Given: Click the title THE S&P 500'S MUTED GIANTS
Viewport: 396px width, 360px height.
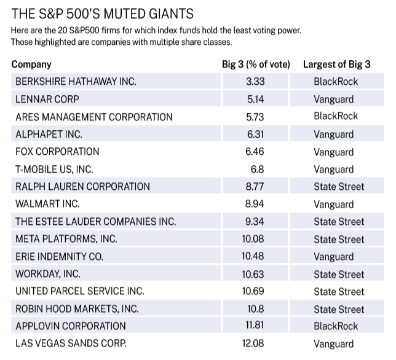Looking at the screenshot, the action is click(x=102, y=14).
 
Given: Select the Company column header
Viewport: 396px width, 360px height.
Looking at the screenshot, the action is click(x=31, y=65).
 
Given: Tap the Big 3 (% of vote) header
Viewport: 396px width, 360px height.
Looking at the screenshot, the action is click(x=256, y=65).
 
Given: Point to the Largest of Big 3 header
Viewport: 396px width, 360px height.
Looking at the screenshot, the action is click(x=336, y=65).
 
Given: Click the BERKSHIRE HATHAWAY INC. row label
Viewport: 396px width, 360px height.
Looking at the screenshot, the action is click(x=76, y=82).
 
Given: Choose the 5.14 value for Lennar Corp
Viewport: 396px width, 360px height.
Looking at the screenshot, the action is click(x=255, y=99).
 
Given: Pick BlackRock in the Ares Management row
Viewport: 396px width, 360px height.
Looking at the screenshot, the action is click(x=336, y=116).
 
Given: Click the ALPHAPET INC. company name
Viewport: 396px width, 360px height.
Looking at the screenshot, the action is click(x=49, y=134).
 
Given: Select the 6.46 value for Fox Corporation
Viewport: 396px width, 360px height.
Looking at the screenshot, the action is click(x=255, y=152).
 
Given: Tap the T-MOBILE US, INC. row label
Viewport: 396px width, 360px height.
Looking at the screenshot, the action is click(x=54, y=170).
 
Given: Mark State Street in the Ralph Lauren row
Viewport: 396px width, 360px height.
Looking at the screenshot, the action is click(x=339, y=187).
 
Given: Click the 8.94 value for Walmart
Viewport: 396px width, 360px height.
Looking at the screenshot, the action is click(x=255, y=204).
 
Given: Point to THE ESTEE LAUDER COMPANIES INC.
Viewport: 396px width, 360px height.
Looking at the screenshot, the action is click(x=96, y=222).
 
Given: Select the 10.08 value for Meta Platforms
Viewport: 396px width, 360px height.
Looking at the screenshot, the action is click(x=253, y=238).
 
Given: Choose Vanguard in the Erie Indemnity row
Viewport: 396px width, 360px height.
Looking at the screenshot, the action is click(x=334, y=257).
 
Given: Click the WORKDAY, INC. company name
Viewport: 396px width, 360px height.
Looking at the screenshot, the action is click(x=48, y=274).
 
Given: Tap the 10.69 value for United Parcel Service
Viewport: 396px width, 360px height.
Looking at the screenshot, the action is click(x=253, y=291).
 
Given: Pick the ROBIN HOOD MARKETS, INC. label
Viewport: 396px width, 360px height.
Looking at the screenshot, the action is click(x=77, y=309).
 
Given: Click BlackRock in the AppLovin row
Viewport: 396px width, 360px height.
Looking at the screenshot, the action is click(x=336, y=326).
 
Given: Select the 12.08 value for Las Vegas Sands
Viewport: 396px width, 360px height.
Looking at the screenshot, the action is click(x=253, y=343).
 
